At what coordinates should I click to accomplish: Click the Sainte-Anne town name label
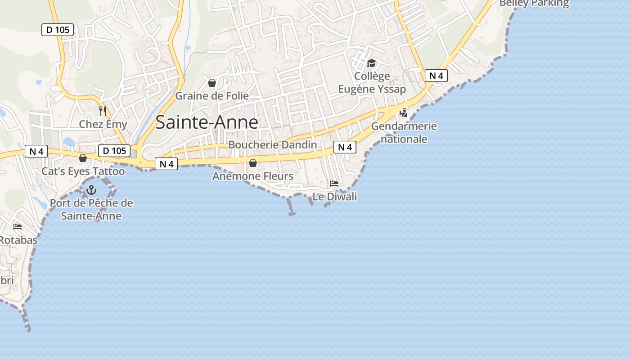pos(207,122)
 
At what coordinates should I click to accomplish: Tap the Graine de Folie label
pos(211,96)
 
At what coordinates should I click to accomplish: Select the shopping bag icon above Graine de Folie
pos(212,83)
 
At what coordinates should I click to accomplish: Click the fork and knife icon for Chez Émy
pos(103,111)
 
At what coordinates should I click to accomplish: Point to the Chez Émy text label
pos(103,124)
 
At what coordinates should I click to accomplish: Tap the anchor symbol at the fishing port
pos(92,189)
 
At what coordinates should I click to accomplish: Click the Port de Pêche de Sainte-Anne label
pos(91,209)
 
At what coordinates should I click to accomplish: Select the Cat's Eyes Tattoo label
pos(83,171)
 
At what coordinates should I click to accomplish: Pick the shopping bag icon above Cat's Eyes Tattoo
pos(83,158)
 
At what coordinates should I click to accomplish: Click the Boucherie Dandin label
pos(273,145)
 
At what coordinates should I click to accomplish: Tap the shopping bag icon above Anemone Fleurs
pos(253,163)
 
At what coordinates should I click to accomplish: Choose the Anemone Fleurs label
pos(253,176)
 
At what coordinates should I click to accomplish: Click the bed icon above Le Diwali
pos(334,183)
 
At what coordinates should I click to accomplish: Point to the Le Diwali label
pos(335,197)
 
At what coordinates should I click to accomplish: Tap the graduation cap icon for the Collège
pos(371,63)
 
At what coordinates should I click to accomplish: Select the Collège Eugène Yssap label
pos(372,83)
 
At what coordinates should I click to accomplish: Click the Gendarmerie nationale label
pos(404,132)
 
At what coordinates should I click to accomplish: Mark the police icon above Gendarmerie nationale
pos(404,112)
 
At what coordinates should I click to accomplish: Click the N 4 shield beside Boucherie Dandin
pos(345,147)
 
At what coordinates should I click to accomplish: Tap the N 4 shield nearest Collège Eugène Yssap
pos(436,76)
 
